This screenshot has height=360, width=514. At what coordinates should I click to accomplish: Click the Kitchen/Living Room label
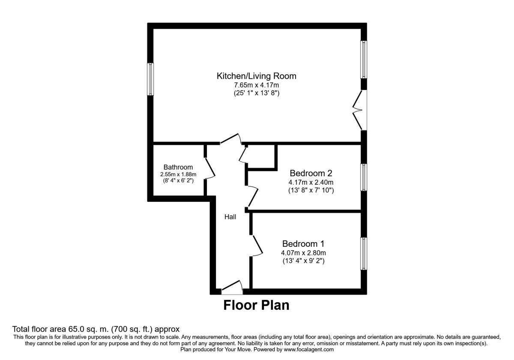(257, 76)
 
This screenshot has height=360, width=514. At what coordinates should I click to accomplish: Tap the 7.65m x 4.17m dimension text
(257, 85)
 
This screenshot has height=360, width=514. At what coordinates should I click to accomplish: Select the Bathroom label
(178, 167)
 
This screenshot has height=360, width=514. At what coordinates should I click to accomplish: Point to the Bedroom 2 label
(311, 174)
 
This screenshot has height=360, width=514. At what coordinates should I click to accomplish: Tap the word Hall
(230, 217)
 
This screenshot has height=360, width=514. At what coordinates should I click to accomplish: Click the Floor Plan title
(256, 306)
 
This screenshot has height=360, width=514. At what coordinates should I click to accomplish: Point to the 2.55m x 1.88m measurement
(178, 174)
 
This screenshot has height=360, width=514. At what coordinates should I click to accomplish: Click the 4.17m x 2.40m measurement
(311, 183)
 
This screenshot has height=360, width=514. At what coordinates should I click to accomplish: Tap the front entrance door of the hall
(232, 288)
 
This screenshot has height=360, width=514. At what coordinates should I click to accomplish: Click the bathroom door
(209, 168)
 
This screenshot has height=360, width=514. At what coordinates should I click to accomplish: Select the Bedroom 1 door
(257, 246)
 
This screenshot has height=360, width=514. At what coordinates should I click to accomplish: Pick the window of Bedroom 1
(364, 254)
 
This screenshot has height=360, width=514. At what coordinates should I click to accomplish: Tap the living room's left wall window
(150, 79)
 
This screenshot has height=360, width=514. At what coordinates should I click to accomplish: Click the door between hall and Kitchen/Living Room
(230, 139)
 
